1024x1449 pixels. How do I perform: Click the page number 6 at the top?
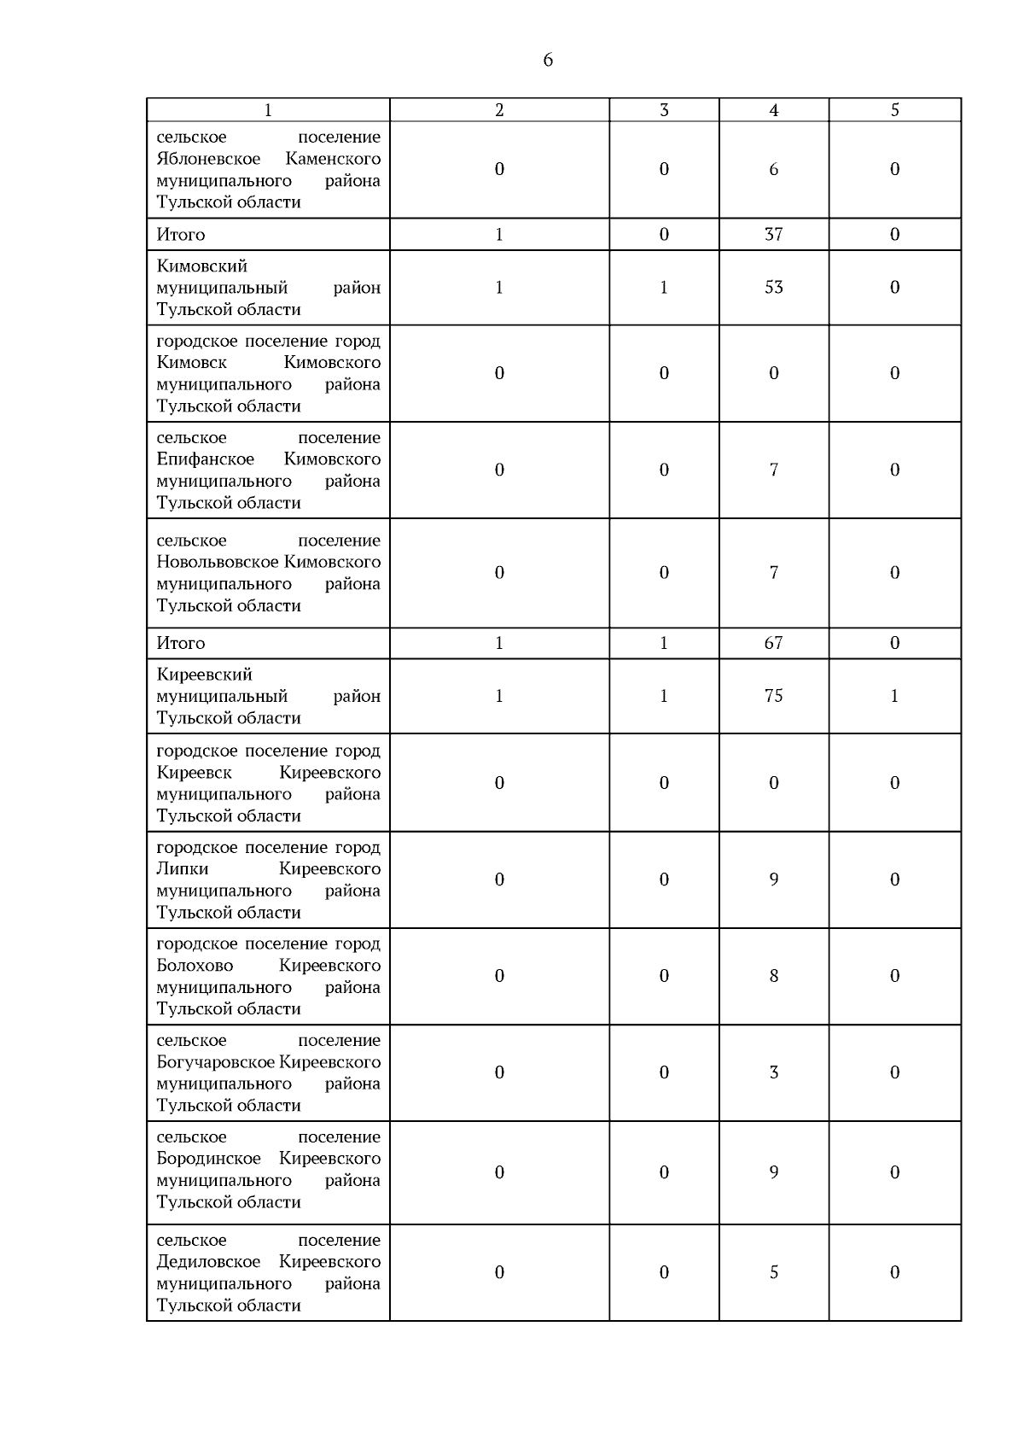pos(548,60)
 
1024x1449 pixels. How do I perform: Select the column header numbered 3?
pos(664,110)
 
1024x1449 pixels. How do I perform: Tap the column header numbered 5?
pos(894,110)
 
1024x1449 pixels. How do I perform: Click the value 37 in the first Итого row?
pos(773,234)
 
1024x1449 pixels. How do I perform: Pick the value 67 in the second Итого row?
pos(773,643)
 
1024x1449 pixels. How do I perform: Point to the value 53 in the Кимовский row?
pos(773,288)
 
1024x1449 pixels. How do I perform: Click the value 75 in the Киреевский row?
pos(773,696)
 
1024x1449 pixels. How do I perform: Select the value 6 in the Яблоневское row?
pos(773,169)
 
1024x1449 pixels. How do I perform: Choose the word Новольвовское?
pos(218,562)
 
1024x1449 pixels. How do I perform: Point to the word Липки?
pos(183,869)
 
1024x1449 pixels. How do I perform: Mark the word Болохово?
pos(195,966)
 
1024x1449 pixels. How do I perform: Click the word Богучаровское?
pos(216,1062)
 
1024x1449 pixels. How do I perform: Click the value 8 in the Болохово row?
pos(773,976)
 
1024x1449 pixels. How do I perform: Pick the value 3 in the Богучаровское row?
pos(773,1072)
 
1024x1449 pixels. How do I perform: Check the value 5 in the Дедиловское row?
pos(773,1272)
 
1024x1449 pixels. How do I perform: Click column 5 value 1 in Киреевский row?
pos(894,696)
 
